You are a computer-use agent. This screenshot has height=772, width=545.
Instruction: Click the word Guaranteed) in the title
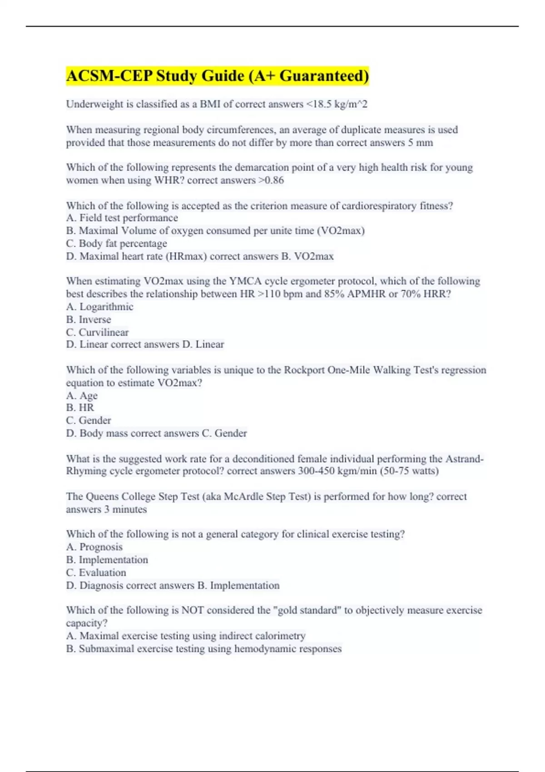coord(324,76)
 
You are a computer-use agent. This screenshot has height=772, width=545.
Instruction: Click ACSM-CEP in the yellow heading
coord(109,76)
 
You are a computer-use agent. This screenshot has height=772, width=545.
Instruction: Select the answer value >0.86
coord(271,180)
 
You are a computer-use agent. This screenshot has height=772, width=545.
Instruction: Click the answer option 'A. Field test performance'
coord(122,218)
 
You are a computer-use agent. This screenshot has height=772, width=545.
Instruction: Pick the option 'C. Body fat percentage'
coord(117,243)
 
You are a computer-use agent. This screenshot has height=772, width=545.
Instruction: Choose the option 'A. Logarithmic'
coord(100,307)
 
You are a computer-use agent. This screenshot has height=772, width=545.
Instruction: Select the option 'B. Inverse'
coord(89,320)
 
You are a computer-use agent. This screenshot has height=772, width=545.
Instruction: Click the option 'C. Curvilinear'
coord(97,332)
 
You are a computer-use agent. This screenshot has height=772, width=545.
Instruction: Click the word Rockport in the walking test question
coord(304,370)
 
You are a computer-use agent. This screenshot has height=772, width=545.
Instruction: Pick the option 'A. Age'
coord(82,396)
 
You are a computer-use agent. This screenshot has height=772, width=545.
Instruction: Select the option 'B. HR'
coord(80,408)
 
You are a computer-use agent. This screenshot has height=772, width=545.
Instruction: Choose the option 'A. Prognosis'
coord(94,547)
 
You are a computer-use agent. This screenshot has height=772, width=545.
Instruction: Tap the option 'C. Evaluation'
coord(96,573)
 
